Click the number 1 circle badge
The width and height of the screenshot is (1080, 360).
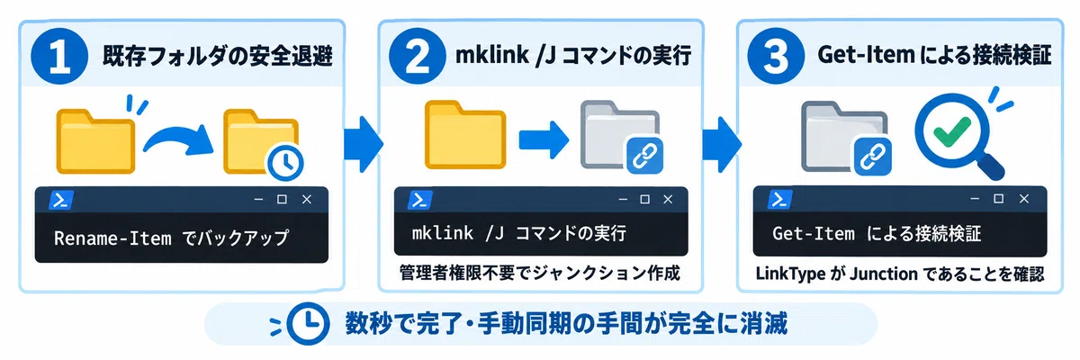[x=59, y=56]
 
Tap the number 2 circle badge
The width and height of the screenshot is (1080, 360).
[x=418, y=56]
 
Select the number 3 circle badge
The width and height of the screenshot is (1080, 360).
[x=776, y=56]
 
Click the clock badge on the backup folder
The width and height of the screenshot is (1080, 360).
[x=285, y=162]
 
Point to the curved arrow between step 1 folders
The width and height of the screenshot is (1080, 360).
[x=177, y=137]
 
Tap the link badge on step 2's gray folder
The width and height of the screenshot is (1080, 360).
[x=644, y=155]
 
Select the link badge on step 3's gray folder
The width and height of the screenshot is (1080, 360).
[x=873, y=156]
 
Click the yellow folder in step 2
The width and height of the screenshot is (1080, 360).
[x=465, y=134]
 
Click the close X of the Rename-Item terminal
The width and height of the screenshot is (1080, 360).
[x=307, y=200]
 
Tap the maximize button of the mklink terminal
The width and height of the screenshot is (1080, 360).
[x=644, y=199]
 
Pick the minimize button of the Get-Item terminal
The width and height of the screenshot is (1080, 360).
[x=975, y=199]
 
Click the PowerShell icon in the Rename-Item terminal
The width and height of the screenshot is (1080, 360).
[x=61, y=200]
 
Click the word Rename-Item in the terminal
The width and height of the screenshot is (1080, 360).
[x=112, y=238]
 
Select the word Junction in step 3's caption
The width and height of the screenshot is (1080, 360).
[x=883, y=274]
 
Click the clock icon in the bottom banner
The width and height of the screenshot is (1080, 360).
[x=308, y=323]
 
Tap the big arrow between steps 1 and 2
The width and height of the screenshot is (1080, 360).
[x=364, y=144]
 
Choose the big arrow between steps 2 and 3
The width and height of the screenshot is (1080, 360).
[x=722, y=144]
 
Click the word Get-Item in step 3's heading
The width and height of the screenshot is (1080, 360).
[x=866, y=55]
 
